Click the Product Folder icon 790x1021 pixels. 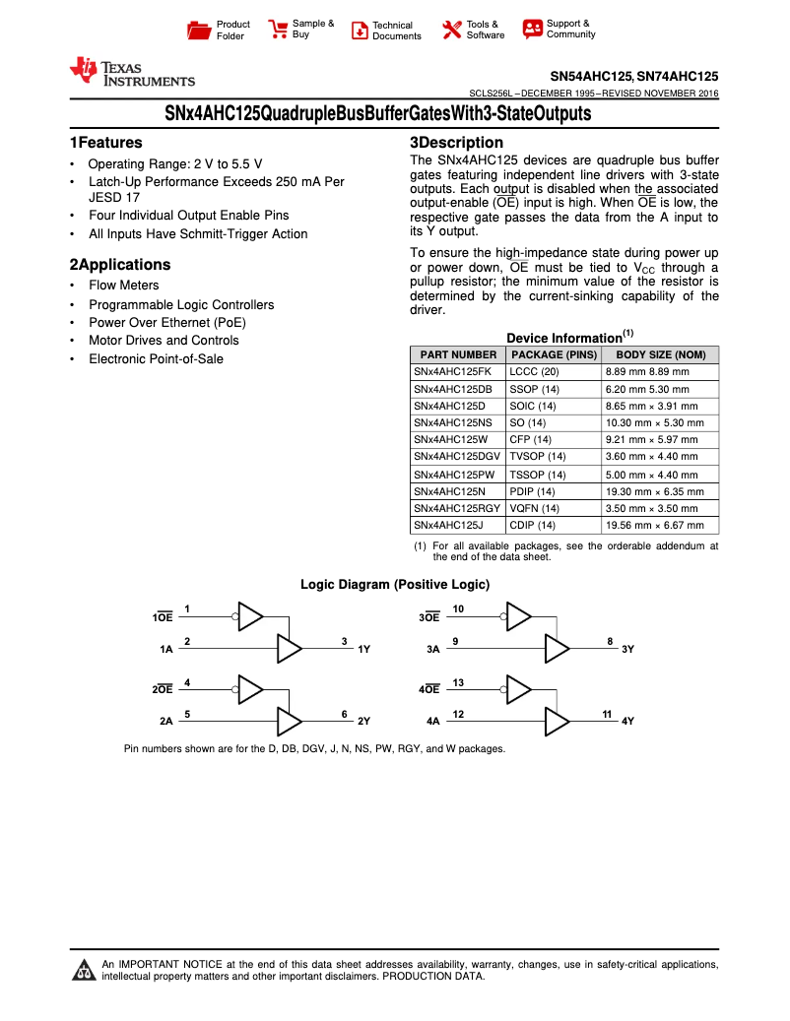(200, 31)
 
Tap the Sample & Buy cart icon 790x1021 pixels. (279, 30)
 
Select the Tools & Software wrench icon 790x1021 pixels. (452, 30)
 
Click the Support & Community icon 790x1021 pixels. (533, 30)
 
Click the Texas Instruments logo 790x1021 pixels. (132, 72)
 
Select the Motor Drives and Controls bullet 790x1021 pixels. (164, 341)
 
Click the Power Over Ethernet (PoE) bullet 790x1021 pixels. (167, 323)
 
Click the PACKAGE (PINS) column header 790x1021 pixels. (555, 354)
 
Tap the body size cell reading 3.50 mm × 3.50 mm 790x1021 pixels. (651, 508)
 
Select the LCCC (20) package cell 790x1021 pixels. (534, 371)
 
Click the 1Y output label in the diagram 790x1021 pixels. (363, 650)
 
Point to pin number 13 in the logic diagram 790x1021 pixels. (458, 682)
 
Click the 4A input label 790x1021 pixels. (432, 721)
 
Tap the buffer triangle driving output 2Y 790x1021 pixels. (290, 721)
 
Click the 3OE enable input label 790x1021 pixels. (429, 617)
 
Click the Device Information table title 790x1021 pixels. (563, 338)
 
